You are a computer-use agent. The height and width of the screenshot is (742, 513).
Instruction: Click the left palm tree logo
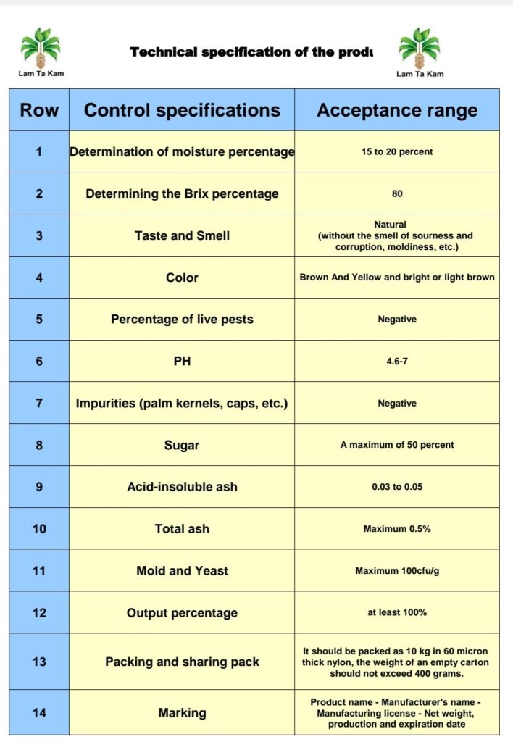(41, 48)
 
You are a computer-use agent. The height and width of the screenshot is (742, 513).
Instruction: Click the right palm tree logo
(420, 48)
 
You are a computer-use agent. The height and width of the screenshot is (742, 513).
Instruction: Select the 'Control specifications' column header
(182, 110)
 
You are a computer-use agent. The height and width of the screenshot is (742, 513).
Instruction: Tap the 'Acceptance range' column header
(397, 110)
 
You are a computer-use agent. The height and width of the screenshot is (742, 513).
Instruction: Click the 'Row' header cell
(39, 110)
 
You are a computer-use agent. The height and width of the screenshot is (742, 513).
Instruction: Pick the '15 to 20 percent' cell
(397, 152)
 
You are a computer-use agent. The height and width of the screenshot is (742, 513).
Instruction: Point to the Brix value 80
(397, 193)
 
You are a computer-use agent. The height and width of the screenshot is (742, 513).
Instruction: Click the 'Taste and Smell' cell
(182, 235)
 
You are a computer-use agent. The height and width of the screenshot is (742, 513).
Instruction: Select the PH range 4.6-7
(397, 361)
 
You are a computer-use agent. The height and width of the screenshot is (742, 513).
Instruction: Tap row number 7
(39, 403)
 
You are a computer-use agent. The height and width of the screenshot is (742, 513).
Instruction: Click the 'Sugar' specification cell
(182, 445)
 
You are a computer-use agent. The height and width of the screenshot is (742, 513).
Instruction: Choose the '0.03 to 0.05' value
(397, 487)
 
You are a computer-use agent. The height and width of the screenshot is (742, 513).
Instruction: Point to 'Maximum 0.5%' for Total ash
(397, 529)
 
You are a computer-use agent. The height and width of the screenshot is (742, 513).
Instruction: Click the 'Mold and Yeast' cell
(182, 571)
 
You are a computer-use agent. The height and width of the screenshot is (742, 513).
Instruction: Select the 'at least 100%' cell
(397, 612)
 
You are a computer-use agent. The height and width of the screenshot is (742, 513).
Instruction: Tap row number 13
(39, 662)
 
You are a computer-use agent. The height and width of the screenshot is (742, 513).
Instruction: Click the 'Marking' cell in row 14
(182, 713)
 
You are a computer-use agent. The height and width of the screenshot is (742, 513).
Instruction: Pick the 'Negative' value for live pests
(397, 320)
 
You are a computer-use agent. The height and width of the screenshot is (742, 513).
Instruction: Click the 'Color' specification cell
(182, 278)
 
